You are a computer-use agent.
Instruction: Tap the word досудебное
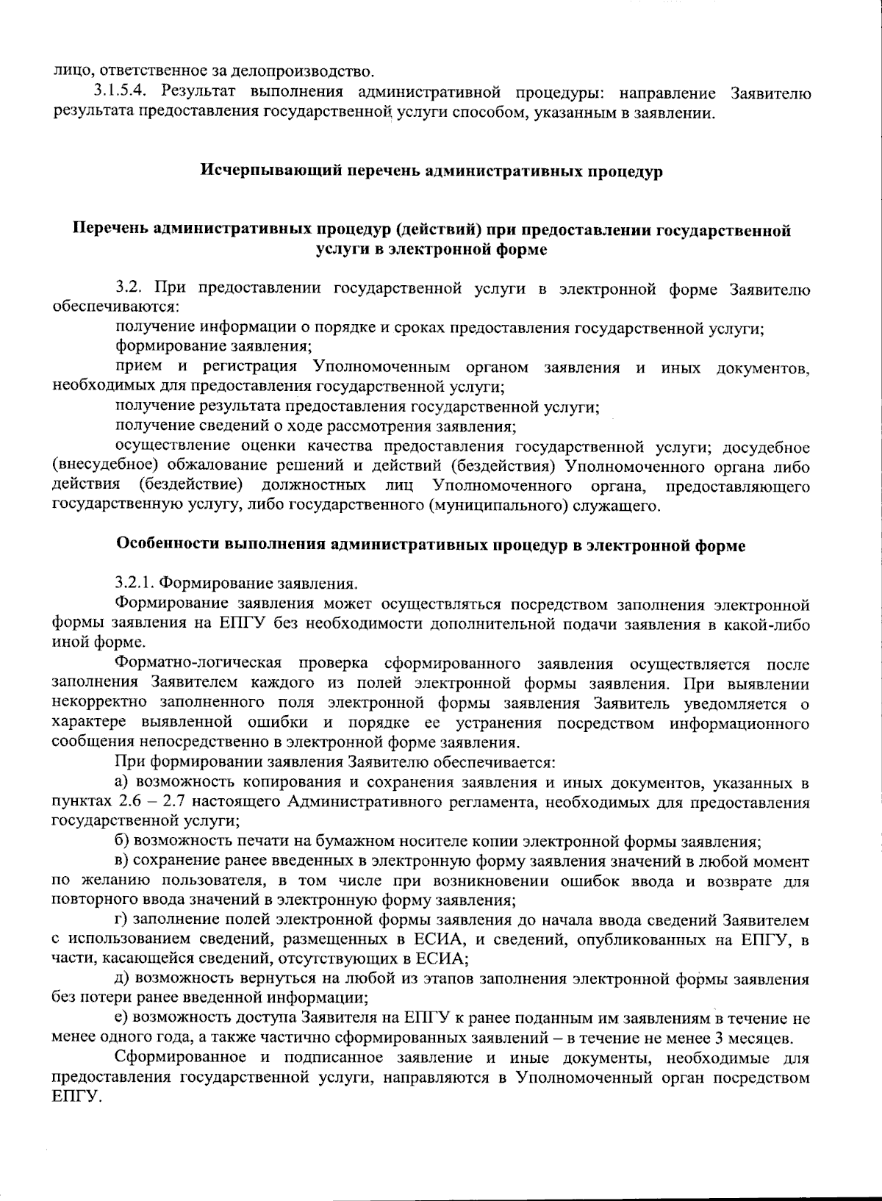point(766,448)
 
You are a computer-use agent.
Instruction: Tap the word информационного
point(740,723)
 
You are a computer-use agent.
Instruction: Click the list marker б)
point(123,841)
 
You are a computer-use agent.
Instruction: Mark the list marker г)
point(123,920)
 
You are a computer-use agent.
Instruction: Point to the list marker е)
point(123,1019)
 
